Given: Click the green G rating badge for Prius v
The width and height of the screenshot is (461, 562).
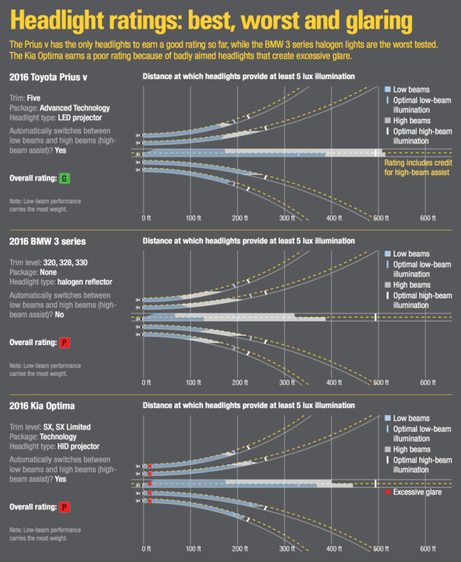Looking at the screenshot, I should (x=64, y=178).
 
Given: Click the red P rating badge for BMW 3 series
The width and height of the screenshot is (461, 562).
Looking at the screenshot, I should (x=64, y=342).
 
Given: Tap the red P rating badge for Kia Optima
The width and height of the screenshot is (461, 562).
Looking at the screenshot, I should (x=64, y=507).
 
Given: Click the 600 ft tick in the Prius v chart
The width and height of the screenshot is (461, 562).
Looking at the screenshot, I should (x=428, y=218).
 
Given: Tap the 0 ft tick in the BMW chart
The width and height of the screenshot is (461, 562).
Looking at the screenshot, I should (x=146, y=382).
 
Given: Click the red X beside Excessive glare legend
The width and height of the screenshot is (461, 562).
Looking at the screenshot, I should (x=387, y=492).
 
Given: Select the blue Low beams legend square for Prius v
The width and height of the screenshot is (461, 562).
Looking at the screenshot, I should (x=387, y=89).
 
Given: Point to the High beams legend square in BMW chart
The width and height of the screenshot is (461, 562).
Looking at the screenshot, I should (x=387, y=285).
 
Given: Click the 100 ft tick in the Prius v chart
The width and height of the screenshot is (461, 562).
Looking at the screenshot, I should (x=193, y=218).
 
